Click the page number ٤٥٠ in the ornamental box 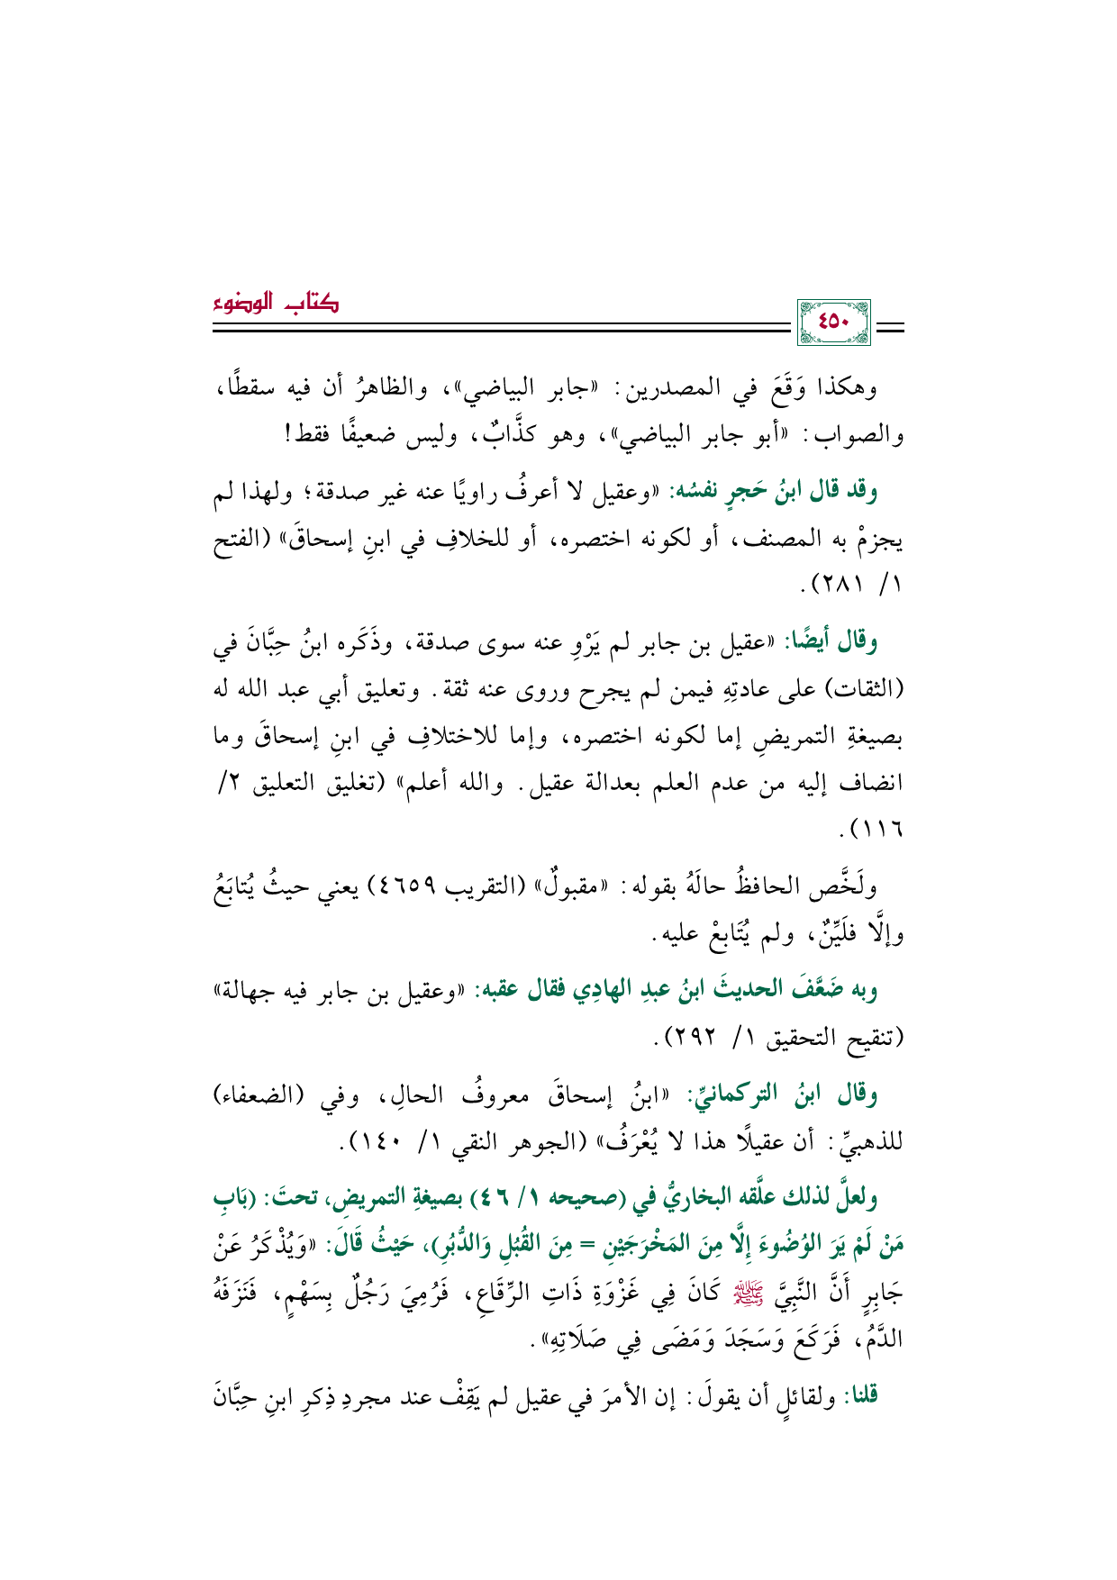tap(834, 322)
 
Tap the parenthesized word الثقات tap(861, 691)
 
